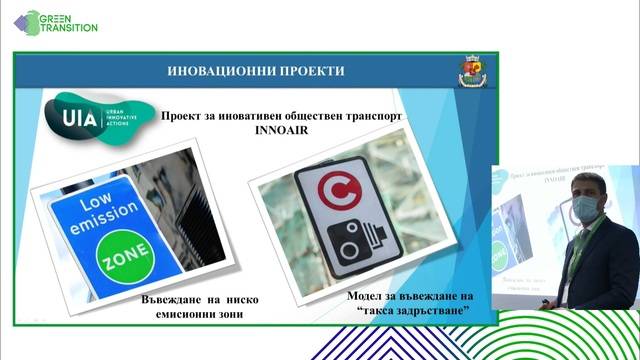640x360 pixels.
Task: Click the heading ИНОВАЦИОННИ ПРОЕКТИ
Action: (x=258, y=71)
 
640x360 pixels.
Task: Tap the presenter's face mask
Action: (x=587, y=209)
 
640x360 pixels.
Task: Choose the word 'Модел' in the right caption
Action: (x=369, y=298)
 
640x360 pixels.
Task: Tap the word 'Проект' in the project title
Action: (x=185, y=115)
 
